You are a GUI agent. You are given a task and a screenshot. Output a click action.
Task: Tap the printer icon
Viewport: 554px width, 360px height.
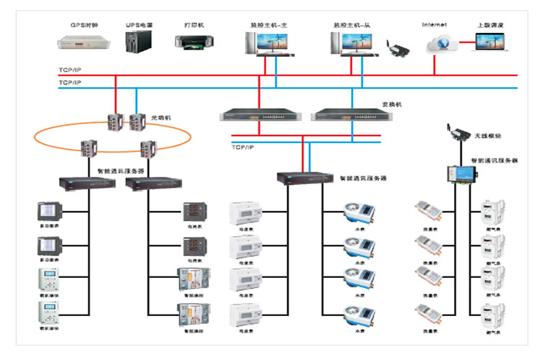coord(192,41)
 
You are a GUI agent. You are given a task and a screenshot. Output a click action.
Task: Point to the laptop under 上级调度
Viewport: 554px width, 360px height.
coord(491,42)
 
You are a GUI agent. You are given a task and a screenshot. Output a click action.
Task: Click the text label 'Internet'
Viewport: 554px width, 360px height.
coord(435,25)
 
